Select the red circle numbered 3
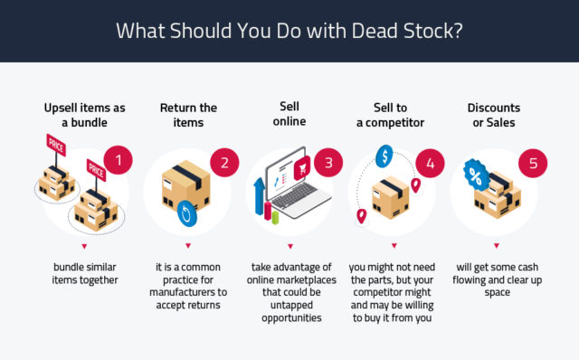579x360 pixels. pos(327,163)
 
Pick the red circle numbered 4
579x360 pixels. pos(430,163)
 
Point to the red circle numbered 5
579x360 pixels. pos(533,164)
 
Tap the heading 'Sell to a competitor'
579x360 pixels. pos(394,114)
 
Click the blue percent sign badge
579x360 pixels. pos(475,174)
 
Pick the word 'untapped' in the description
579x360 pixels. pos(289,307)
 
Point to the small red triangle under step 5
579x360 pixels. pos(496,244)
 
